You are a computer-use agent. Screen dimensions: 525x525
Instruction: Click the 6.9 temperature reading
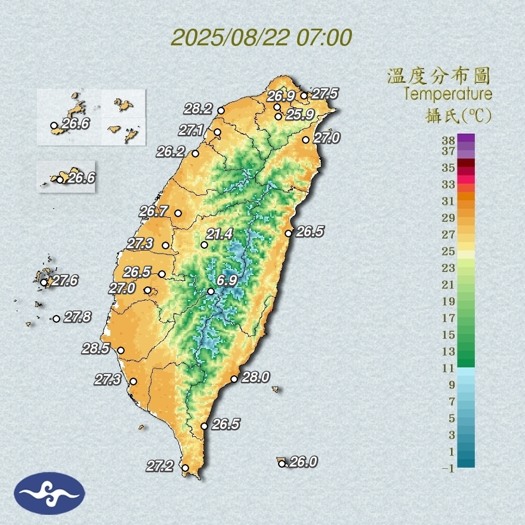[x=227, y=280]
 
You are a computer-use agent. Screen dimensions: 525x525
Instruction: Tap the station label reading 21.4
[x=220, y=234]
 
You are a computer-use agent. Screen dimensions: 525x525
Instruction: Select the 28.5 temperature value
[x=95, y=349]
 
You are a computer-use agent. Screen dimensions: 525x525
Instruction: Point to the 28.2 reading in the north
[x=198, y=109]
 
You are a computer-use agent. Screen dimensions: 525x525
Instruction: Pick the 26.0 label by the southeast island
[x=302, y=462]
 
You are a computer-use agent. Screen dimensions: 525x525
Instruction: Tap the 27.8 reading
[x=78, y=317]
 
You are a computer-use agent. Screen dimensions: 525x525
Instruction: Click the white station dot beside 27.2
[x=186, y=468]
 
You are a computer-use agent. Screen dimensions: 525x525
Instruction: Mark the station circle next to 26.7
[x=178, y=213]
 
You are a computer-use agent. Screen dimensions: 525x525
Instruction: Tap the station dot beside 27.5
[x=304, y=95]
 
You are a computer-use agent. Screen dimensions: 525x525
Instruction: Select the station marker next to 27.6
[x=44, y=282]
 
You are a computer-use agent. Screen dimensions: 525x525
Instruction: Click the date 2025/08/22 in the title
[x=230, y=38]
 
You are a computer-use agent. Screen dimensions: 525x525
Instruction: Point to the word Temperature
[x=447, y=94]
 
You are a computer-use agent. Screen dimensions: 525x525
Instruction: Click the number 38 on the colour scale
[x=448, y=141]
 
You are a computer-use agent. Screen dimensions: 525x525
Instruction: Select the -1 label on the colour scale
[x=448, y=468]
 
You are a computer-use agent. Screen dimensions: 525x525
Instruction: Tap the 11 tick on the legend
[x=448, y=368]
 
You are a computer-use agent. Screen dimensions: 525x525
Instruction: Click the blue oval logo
[x=50, y=493]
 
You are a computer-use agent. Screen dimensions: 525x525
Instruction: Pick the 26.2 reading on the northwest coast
[x=171, y=152]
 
